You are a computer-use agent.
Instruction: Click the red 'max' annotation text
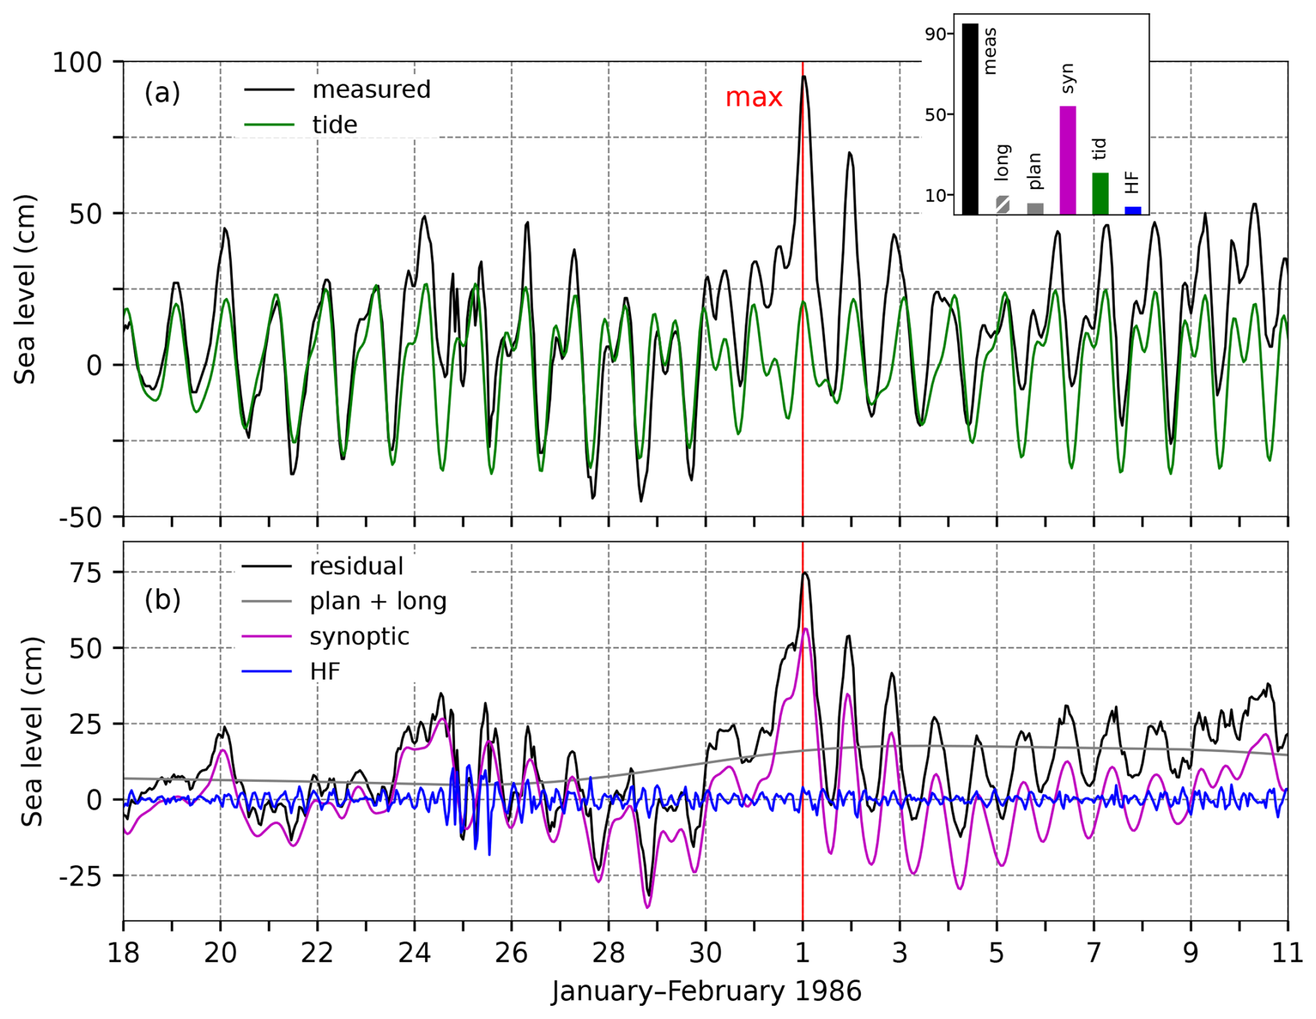(x=753, y=97)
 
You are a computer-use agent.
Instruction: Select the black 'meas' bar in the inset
(x=970, y=118)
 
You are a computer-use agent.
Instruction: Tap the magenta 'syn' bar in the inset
(x=1067, y=160)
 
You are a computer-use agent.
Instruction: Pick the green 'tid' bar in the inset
(x=1100, y=193)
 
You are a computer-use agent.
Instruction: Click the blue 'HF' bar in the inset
(x=1132, y=210)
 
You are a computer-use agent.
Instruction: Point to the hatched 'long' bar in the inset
(x=1002, y=205)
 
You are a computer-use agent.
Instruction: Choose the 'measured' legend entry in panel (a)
(x=371, y=90)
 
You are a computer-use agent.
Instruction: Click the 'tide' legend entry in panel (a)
(x=335, y=125)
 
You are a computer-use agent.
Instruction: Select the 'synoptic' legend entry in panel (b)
(x=359, y=636)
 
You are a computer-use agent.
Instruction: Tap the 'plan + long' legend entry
(x=378, y=602)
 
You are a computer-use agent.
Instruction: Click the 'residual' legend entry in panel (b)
(x=356, y=567)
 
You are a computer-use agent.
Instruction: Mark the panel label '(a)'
(x=162, y=93)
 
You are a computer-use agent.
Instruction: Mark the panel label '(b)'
(x=162, y=600)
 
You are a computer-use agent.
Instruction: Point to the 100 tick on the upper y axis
(x=77, y=63)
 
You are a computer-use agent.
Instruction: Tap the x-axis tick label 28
(x=608, y=953)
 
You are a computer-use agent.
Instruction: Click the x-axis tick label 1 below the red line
(x=802, y=953)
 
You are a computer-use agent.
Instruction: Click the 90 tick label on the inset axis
(x=935, y=34)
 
